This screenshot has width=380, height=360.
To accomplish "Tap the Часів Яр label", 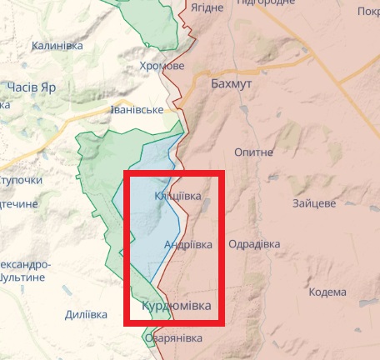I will click(31, 87).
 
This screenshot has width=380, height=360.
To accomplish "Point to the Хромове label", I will click(162, 67).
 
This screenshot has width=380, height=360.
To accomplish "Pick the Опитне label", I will click(254, 152).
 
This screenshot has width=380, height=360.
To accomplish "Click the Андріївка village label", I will click(182, 244).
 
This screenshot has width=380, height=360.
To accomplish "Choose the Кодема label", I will click(327, 292).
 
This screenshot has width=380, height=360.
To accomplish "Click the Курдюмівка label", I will click(176, 306).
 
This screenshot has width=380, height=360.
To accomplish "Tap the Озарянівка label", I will click(173, 338).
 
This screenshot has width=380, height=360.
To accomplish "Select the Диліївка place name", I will click(86, 315).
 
